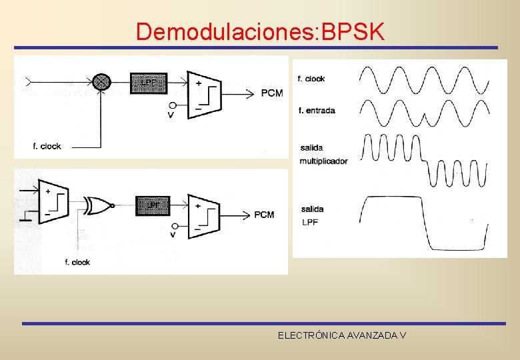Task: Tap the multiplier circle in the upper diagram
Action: pyautogui.click(x=101, y=81)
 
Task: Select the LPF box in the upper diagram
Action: pyautogui.click(x=148, y=82)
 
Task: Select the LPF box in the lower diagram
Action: pyautogui.click(x=153, y=205)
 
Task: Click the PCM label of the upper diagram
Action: pyautogui.click(x=272, y=93)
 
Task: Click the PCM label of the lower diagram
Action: pyautogui.click(x=264, y=215)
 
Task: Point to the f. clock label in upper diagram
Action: pyautogui.click(x=47, y=146)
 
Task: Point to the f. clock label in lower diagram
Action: pyautogui.click(x=77, y=262)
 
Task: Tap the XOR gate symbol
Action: pyautogui.click(x=97, y=205)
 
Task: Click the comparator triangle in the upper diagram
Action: pyautogui.click(x=203, y=94)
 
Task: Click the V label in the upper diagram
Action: pyautogui.click(x=171, y=115)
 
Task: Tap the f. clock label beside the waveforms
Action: pyautogui.click(x=311, y=79)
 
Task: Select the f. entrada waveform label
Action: pyautogui.click(x=317, y=110)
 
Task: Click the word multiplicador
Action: pyautogui.click(x=323, y=161)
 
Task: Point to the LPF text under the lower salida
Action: pyautogui.click(x=310, y=221)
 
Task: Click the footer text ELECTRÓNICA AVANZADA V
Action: pyautogui.click(x=342, y=335)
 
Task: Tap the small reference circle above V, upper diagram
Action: pyautogui.click(x=173, y=105)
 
